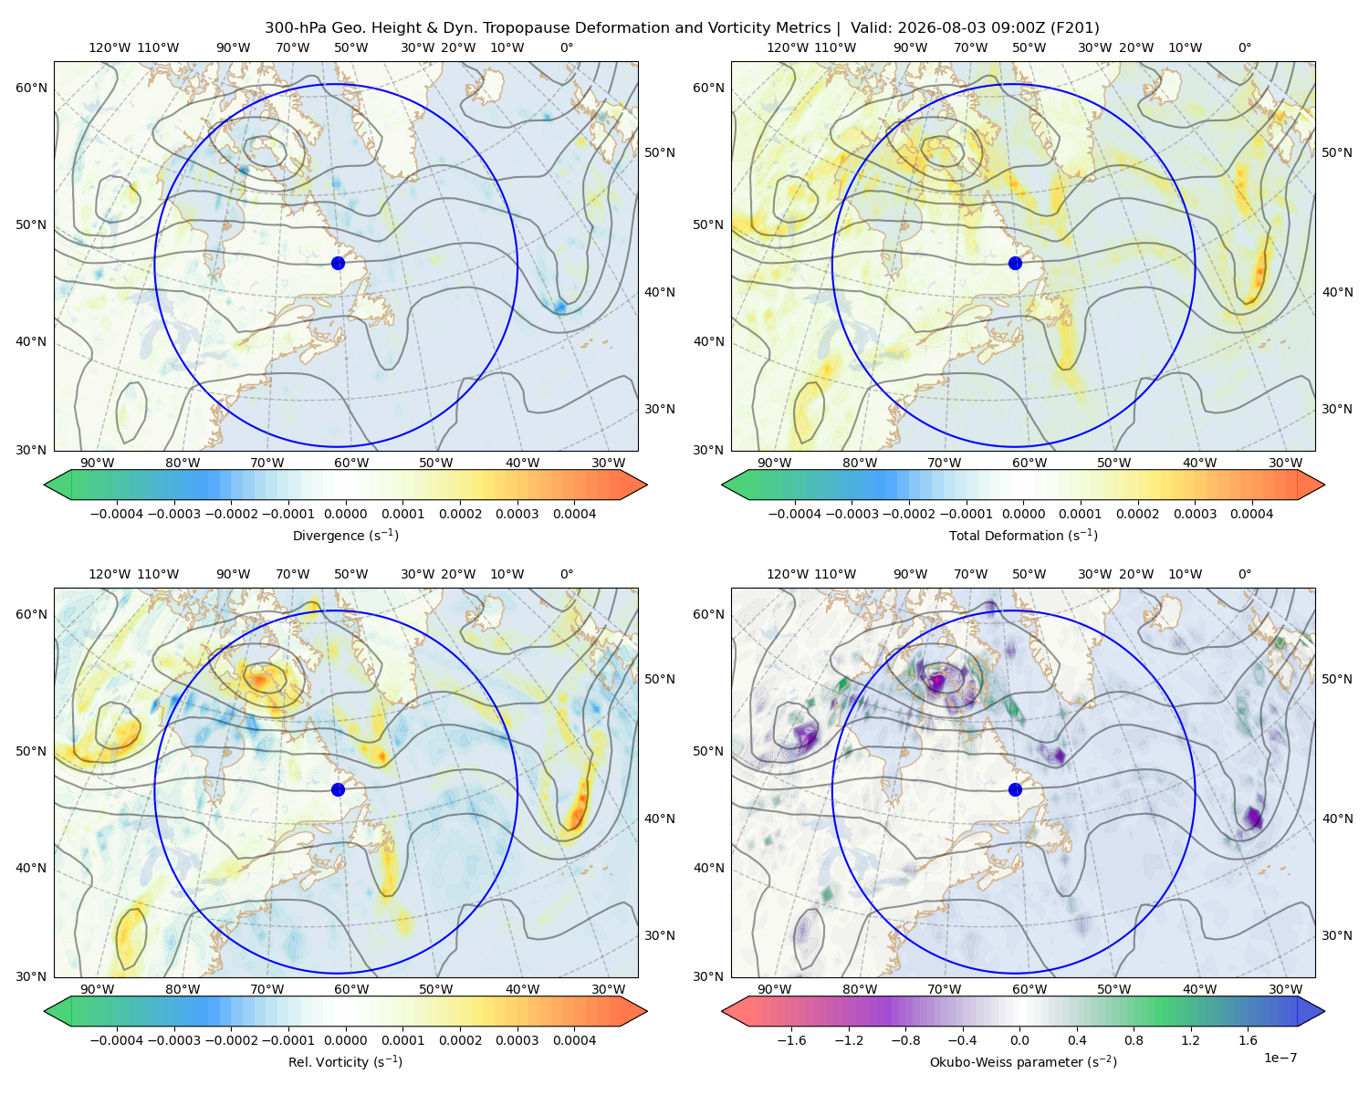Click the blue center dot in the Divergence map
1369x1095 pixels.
click(x=338, y=263)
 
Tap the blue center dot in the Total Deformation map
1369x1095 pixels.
click(x=1015, y=263)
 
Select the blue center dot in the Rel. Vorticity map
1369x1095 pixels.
click(x=338, y=789)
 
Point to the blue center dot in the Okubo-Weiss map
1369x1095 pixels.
click(x=1015, y=789)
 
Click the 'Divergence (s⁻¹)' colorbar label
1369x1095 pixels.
click(x=345, y=535)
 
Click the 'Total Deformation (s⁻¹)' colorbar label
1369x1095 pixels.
click(x=1023, y=535)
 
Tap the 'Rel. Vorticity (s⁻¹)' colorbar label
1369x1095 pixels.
click(x=345, y=1061)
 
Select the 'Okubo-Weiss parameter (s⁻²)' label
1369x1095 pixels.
click(x=1023, y=1061)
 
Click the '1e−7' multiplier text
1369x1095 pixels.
click(x=1280, y=1058)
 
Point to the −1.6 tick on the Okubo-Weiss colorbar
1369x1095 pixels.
click(x=791, y=1039)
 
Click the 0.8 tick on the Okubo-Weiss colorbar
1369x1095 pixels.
click(x=1134, y=1039)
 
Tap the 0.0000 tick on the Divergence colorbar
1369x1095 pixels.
click(x=345, y=514)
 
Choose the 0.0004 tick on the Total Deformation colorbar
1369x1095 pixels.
click(x=1251, y=514)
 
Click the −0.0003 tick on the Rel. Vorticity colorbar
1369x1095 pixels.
click(x=173, y=1039)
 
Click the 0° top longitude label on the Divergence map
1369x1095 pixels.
click(x=567, y=47)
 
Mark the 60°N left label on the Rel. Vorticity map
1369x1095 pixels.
click(x=31, y=614)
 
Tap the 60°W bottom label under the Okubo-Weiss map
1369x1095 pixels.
click(x=1029, y=989)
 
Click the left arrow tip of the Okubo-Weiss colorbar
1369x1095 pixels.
click(x=722, y=1011)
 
